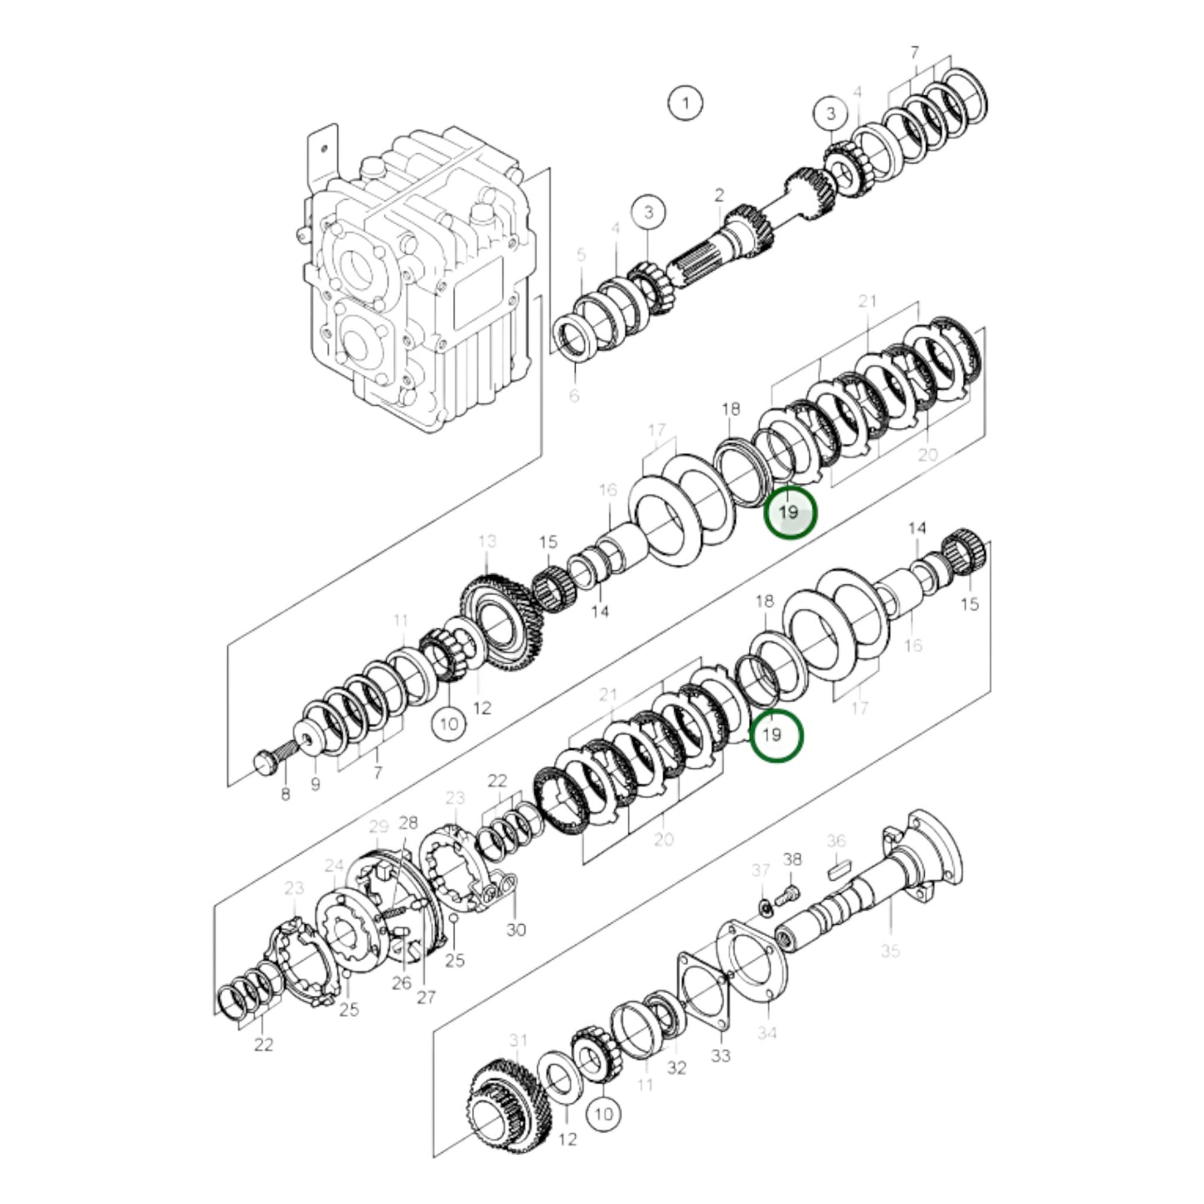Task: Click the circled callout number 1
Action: coord(685,103)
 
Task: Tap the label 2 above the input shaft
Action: coord(718,196)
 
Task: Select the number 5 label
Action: coord(582,255)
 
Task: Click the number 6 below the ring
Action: coord(573,396)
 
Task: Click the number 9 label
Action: coord(314,784)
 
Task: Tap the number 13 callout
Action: coord(487,542)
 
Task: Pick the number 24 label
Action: coord(334,865)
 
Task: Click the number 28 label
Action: coord(407,823)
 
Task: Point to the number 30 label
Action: coord(516,929)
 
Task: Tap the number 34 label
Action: coord(767,1033)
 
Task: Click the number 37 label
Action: coord(760,871)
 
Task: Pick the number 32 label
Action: coord(677,1067)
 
